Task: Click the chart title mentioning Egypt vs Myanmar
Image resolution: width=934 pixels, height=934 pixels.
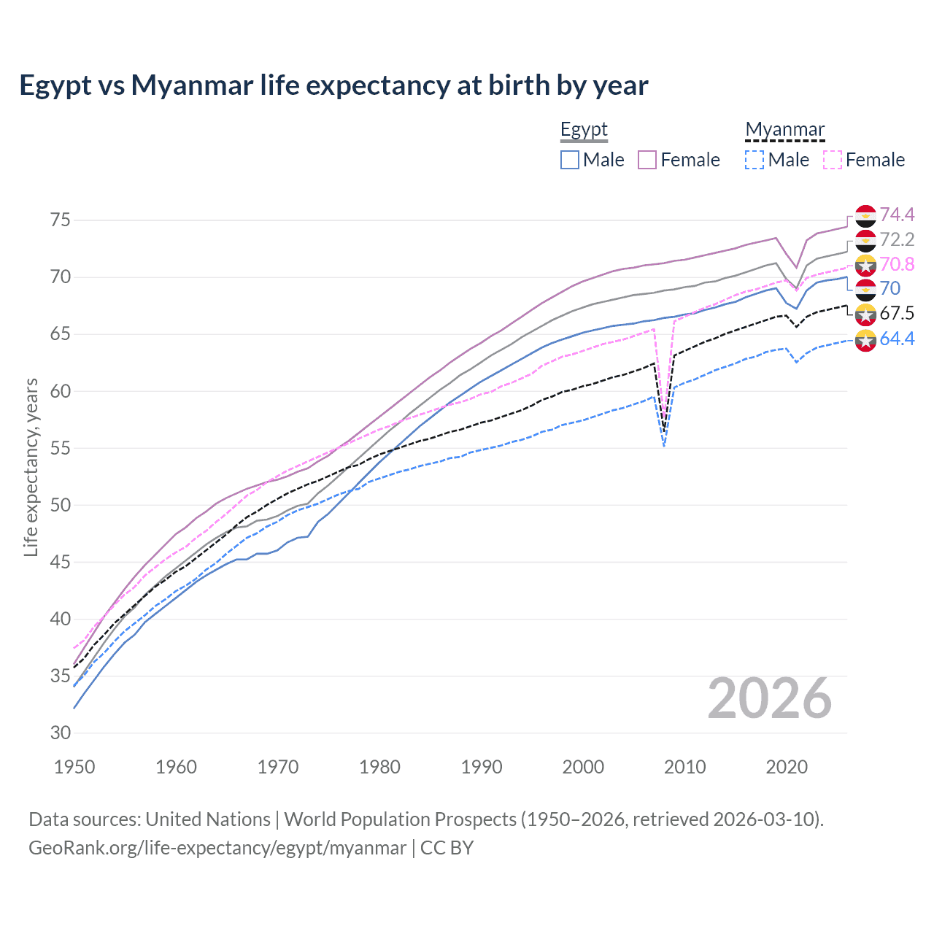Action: (333, 85)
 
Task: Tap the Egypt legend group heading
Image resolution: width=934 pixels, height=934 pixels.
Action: (584, 130)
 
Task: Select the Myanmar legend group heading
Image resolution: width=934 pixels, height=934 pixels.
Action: (784, 130)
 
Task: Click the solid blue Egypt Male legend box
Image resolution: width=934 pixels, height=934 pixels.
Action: (570, 160)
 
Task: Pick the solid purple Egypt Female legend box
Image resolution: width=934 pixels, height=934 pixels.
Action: (647, 160)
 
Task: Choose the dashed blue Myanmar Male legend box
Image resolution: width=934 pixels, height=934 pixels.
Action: (754, 160)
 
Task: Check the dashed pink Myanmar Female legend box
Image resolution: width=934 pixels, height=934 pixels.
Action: (832, 160)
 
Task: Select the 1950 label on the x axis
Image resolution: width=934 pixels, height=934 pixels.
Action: (74, 767)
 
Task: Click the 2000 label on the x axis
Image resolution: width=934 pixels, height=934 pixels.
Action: (583, 767)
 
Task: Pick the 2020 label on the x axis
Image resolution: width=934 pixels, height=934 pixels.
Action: (787, 767)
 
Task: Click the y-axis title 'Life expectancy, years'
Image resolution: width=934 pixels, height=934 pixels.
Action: (31, 467)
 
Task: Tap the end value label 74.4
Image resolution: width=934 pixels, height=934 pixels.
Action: (897, 215)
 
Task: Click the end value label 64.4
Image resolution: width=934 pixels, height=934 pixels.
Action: (897, 339)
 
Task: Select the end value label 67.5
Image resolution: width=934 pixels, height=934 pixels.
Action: (897, 314)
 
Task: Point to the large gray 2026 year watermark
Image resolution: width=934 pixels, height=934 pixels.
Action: (770, 698)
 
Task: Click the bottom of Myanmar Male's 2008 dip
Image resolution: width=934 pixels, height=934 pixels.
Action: (664, 445)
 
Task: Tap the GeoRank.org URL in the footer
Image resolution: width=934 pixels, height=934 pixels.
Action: (217, 848)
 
